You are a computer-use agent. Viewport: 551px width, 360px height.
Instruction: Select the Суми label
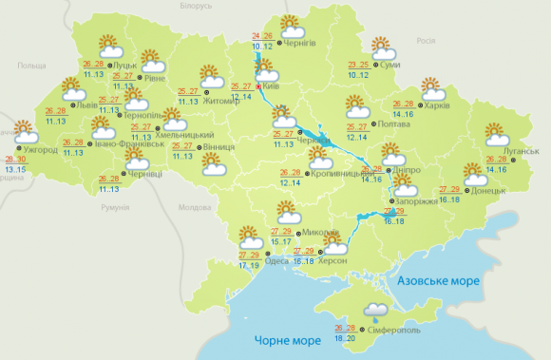pyautogui.click(x=388, y=66)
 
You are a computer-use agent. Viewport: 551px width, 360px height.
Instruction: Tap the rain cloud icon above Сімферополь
pyautogui.click(x=375, y=311)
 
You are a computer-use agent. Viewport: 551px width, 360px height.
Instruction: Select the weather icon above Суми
pyautogui.click(x=381, y=47)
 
